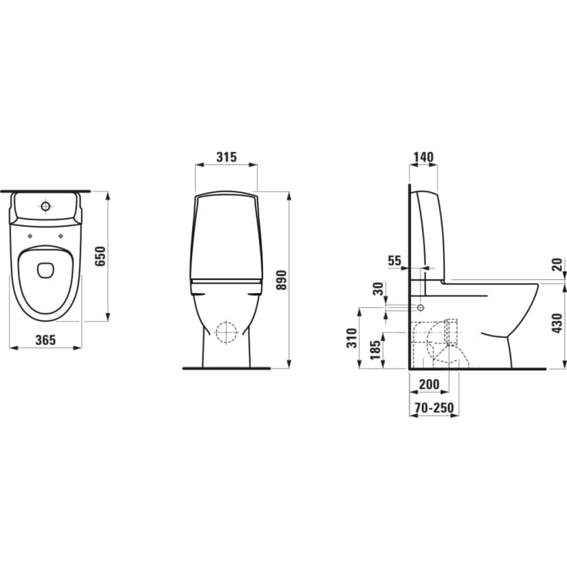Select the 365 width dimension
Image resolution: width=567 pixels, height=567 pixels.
(x=46, y=340)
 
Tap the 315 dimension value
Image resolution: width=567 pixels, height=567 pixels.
(x=225, y=157)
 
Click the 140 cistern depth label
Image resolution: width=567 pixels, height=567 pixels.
(x=423, y=157)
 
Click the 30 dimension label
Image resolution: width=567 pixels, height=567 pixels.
(x=378, y=289)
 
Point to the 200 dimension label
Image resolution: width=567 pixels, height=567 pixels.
(x=429, y=384)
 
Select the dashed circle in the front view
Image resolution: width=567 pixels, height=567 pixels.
(x=228, y=331)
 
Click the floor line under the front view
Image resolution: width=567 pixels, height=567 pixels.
(x=228, y=369)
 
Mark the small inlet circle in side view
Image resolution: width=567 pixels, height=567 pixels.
(x=421, y=307)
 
